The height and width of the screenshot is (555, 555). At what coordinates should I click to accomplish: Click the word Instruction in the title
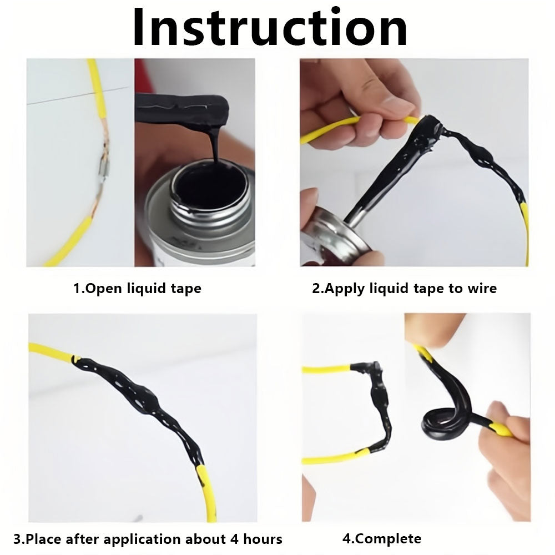point(270,28)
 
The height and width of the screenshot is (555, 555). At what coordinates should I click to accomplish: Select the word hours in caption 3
point(263,539)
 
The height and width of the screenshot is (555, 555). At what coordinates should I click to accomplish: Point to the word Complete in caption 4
point(388,539)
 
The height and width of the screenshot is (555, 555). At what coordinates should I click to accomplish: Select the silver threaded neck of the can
point(209,213)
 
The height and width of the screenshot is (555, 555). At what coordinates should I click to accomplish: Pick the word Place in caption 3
point(44,539)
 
